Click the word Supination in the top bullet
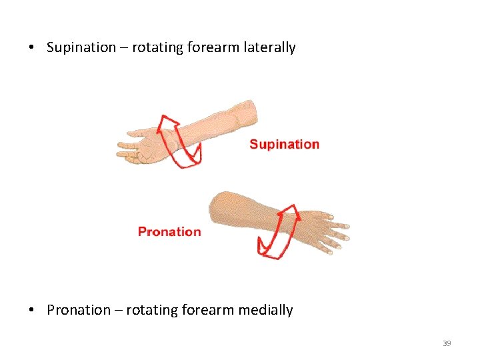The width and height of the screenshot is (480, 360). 81,47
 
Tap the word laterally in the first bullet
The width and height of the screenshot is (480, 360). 269,47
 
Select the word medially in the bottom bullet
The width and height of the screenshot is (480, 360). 267,310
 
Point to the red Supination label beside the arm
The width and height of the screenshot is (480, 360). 284,144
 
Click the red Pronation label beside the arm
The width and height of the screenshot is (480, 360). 169,232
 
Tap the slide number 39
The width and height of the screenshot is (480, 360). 447,343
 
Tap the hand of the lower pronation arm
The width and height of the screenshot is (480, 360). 323,227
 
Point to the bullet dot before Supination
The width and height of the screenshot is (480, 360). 31,48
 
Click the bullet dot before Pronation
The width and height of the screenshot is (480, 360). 31,311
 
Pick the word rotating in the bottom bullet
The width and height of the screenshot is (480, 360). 151,310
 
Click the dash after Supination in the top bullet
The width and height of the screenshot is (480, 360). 124,48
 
